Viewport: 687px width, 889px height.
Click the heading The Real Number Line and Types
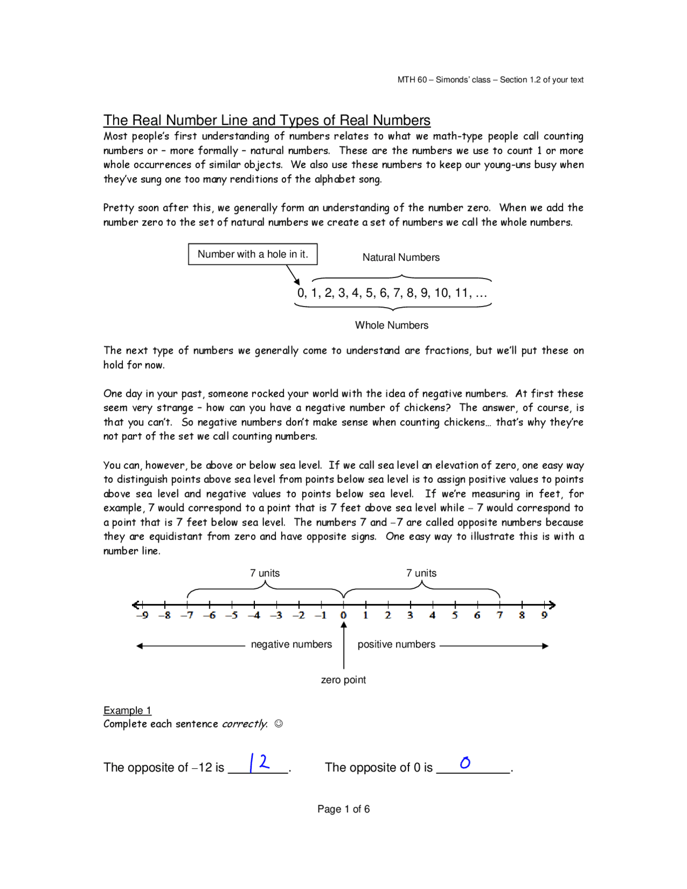pyautogui.click(x=267, y=120)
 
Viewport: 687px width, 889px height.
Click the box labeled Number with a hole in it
pyautogui.click(x=252, y=254)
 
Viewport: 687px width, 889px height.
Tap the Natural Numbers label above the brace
pyautogui.click(x=400, y=258)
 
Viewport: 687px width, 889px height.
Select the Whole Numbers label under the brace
pyautogui.click(x=391, y=325)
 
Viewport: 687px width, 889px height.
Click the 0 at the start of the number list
pyautogui.click(x=301, y=293)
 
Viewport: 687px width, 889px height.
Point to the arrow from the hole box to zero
pyautogui.click(x=293, y=275)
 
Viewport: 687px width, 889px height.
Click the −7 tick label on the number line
pyautogui.click(x=187, y=615)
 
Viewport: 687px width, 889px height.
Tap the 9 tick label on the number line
pyautogui.click(x=544, y=615)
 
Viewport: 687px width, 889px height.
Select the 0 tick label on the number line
pyautogui.click(x=343, y=615)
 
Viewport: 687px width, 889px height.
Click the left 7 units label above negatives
pyautogui.click(x=265, y=573)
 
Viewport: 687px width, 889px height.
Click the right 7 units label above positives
pyautogui.click(x=421, y=573)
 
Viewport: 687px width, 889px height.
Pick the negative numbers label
pyautogui.click(x=291, y=645)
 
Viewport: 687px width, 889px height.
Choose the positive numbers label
pyautogui.click(x=396, y=645)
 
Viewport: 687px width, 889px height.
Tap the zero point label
pyautogui.click(x=343, y=680)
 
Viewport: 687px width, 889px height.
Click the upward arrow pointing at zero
pyautogui.click(x=343, y=644)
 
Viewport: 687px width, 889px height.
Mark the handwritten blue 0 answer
pyautogui.click(x=465, y=762)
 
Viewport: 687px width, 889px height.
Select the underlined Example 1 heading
pyautogui.click(x=127, y=711)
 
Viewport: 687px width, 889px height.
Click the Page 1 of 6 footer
pyautogui.click(x=343, y=810)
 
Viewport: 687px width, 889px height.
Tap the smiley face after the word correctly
pyautogui.click(x=279, y=724)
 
